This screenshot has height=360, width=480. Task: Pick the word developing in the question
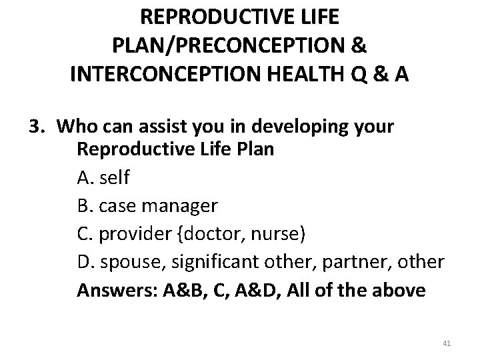284,126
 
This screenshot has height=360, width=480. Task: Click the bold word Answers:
111,291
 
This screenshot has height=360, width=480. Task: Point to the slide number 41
447,343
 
